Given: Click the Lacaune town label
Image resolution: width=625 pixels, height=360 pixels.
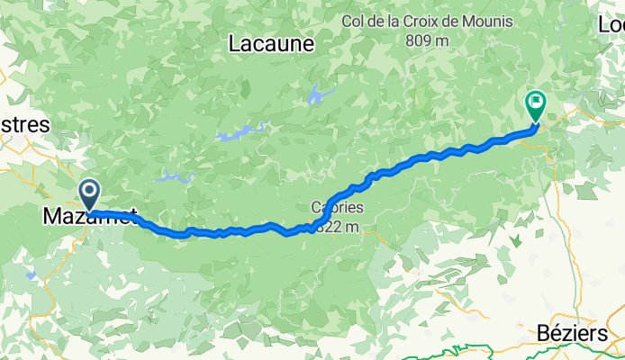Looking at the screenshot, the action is [271, 42].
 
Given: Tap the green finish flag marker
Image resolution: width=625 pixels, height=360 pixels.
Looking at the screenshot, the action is [536, 106].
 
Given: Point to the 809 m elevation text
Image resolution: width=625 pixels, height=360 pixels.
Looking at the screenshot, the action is [427, 40].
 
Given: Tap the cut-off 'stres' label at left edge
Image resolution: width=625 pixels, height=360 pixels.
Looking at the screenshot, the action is [24, 125].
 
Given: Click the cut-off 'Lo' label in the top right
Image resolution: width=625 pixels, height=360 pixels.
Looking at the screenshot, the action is [611, 26].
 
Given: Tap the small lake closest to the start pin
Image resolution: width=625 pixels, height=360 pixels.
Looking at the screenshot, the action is [175, 178].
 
